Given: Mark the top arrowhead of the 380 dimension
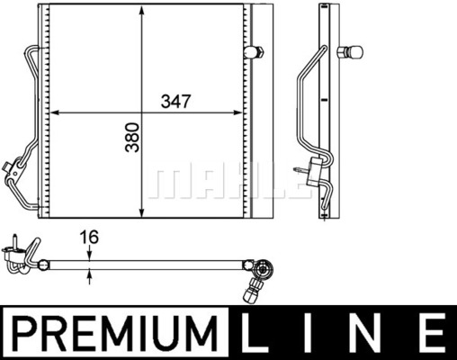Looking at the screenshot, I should pyautogui.click(x=143, y=18).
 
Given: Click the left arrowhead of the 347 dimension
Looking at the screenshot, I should pyautogui.click(x=52, y=113).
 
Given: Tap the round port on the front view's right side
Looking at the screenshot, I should pyautogui.click(x=258, y=51).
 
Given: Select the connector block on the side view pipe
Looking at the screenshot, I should pyautogui.click(x=316, y=168).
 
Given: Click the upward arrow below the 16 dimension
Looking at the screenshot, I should pyautogui.click(x=89, y=276).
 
